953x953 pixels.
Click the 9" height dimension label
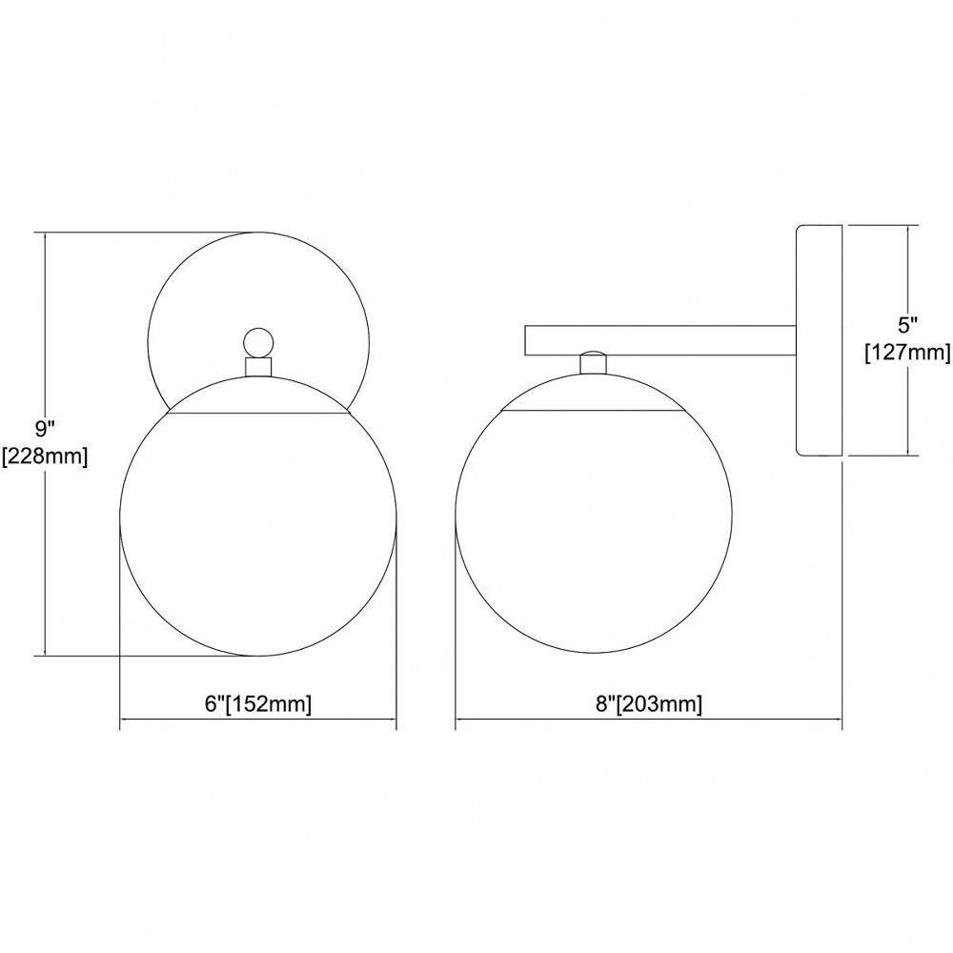coord(45,429)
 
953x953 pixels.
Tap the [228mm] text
coord(46,456)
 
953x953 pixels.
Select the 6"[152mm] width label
coord(258,704)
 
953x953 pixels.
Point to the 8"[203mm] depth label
coord(648,704)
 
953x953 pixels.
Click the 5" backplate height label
coord(907,325)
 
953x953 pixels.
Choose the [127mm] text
coord(908,352)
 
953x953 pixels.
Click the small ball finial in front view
coord(258,343)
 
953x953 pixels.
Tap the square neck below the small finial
coord(258,367)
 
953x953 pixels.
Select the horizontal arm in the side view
coord(660,340)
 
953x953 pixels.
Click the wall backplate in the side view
coord(819,340)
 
